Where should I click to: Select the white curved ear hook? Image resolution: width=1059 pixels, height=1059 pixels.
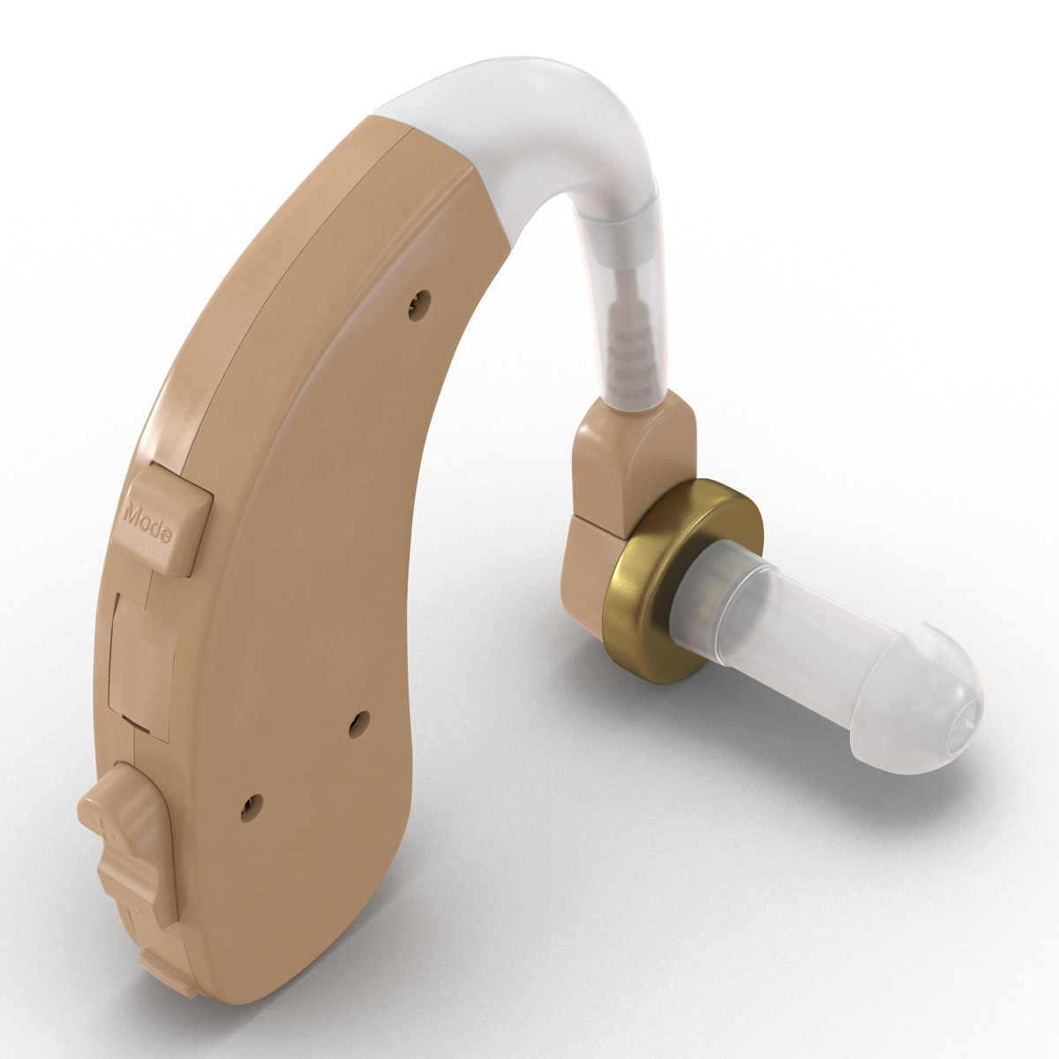[529, 132]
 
